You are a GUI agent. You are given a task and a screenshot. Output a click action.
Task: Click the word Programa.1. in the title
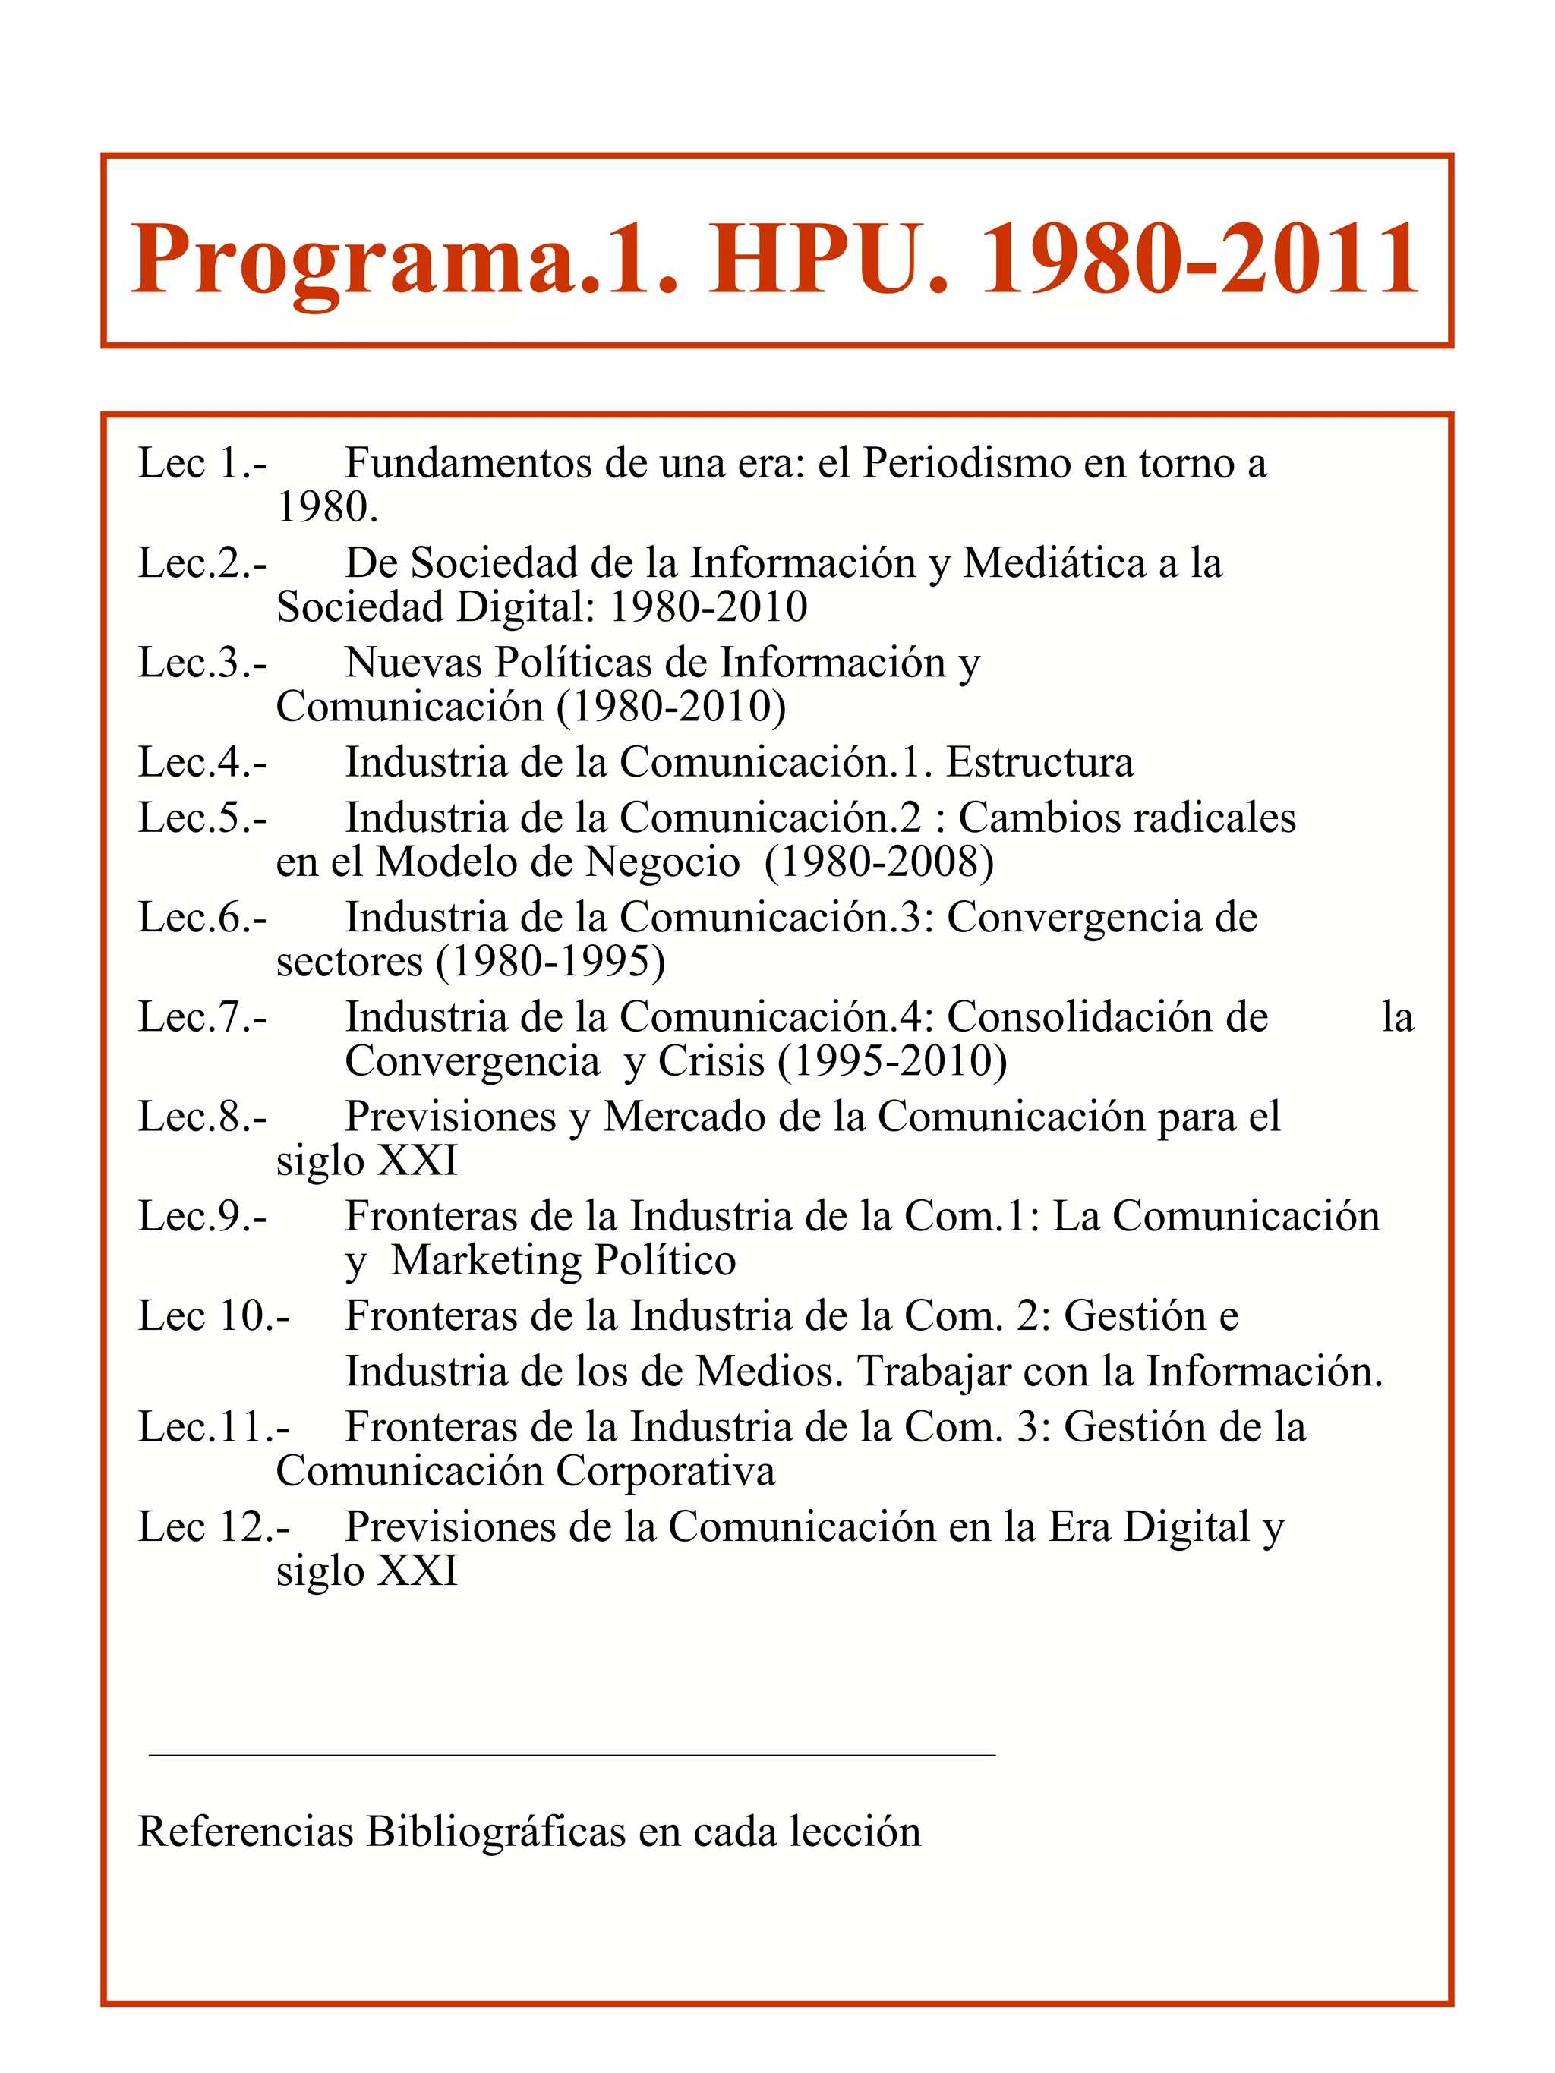(404, 260)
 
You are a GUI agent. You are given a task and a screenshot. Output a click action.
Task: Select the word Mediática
(1054, 563)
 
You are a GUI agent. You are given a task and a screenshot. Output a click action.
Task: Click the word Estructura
(1039, 762)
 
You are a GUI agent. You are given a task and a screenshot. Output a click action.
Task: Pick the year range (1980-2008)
(879, 862)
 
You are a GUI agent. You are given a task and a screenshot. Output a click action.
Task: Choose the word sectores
(349, 962)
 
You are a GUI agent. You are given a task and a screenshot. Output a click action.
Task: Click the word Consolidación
(1107, 1017)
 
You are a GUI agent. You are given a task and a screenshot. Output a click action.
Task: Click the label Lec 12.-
(213, 1527)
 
